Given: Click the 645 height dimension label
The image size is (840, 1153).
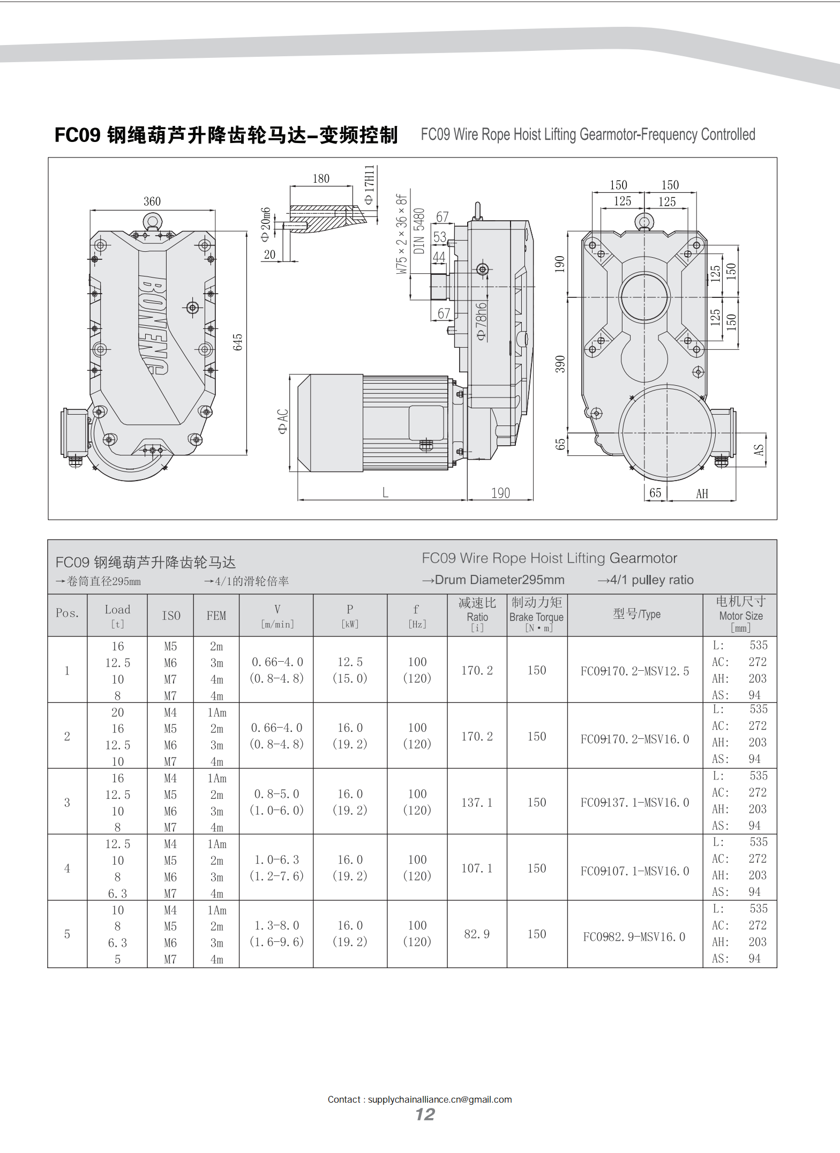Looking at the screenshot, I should click(x=238, y=342).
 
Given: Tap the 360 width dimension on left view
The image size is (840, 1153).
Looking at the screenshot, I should click(x=152, y=201).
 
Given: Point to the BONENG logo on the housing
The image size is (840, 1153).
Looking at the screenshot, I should click(x=153, y=325).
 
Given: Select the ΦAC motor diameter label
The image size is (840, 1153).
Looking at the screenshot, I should click(x=283, y=421).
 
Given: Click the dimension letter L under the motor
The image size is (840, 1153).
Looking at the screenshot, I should click(x=385, y=492).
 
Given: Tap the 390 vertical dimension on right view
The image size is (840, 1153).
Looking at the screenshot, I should click(x=560, y=364).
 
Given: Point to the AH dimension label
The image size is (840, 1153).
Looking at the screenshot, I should click(x=702, y=493).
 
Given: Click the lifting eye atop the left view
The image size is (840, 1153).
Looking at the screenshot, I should click(x=152, y=221).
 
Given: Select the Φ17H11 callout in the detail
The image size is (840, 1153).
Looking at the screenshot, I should click(x=369, y=184).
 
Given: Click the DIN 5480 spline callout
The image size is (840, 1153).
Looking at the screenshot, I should click(x=419, y=230).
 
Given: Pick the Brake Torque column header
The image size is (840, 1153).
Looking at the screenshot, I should click(x=536, y=615).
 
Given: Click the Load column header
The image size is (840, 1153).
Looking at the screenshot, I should click(x=117, y=615).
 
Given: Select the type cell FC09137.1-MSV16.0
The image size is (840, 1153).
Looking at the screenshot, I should click(x=635, y=803).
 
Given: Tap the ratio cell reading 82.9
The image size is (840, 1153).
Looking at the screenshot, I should click(x=477, y=934).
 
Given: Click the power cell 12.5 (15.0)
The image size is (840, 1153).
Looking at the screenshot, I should click(x=350, y=670).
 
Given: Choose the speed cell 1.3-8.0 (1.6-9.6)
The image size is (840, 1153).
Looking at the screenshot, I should click(x=276, y=934).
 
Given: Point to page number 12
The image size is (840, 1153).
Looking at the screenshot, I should click(x=425, y=1114).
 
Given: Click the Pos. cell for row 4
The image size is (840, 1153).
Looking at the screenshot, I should click(x=67, y=868).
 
